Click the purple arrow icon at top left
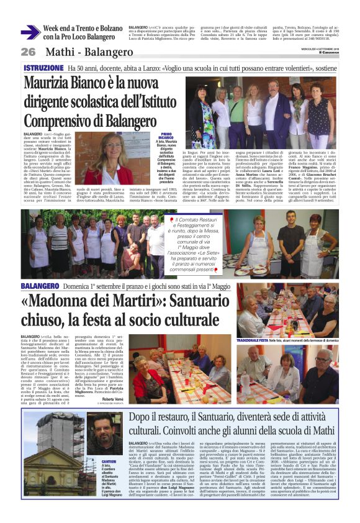29,32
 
